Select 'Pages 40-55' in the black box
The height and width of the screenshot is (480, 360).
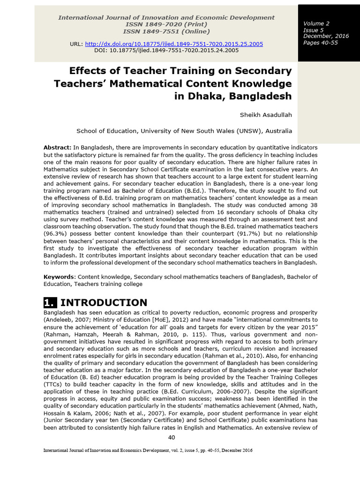[320, 43]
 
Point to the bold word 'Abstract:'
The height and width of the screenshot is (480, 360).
[58, 147]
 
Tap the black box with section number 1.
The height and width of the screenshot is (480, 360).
[50, 302]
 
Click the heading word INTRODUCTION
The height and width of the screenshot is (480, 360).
[104, 302]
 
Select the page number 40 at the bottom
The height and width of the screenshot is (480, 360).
[172, 437]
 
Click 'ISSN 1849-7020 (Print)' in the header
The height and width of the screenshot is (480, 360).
[166, 24]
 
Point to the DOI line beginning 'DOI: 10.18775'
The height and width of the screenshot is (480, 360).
[166, 50]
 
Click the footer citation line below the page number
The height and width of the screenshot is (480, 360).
[148, 450]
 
